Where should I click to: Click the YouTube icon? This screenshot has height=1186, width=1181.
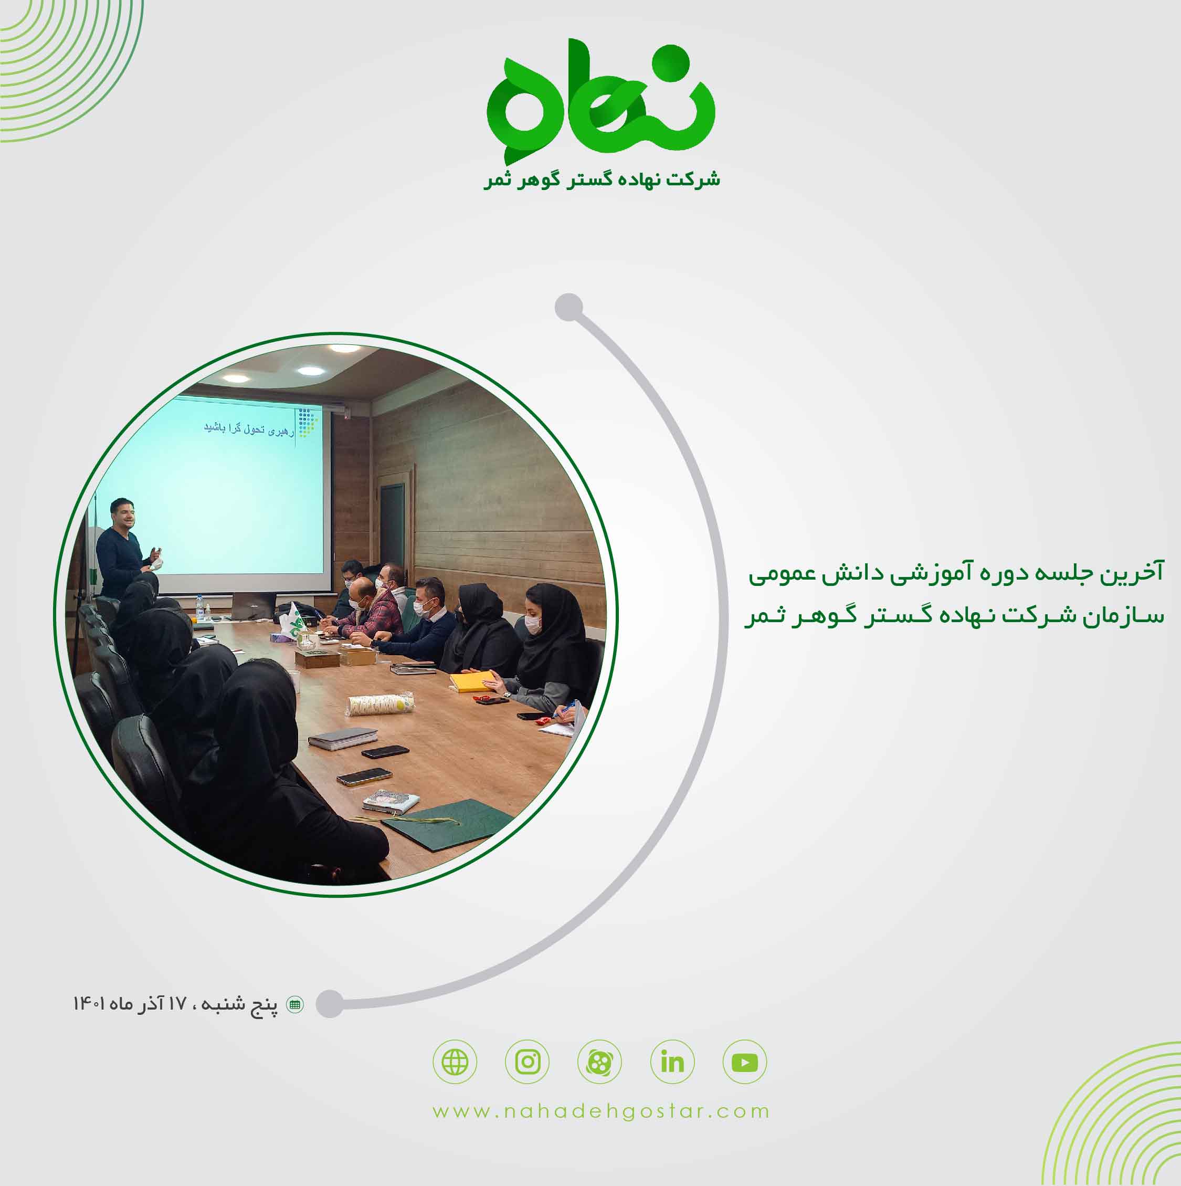point(745,1062)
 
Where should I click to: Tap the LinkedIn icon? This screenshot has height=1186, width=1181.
point(672,1062)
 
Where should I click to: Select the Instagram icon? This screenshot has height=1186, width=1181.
point(528,1062)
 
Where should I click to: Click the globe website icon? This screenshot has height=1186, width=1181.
point(455,1062)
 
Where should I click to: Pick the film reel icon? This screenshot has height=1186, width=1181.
point(600,1062)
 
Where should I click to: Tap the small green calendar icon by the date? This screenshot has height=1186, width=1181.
point(296,1005)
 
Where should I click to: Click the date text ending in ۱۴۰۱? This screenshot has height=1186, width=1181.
point(175,1005)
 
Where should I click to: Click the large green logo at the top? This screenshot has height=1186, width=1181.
point(600,98)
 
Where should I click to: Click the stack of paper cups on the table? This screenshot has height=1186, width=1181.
point(381,704)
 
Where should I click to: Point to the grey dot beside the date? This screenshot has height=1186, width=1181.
point(331,1004)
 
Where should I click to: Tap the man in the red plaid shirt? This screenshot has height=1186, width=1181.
point(368,611)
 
